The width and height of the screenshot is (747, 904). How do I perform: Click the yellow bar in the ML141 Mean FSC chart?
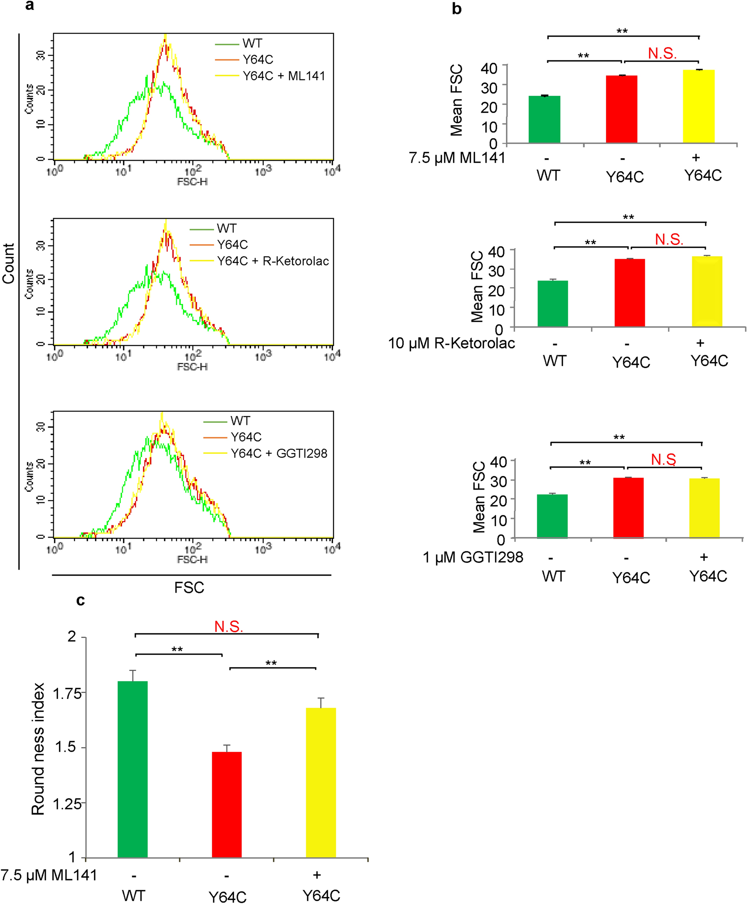(x=698, y=106)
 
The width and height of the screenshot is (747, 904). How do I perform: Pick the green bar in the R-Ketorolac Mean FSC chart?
(x=552, y=303)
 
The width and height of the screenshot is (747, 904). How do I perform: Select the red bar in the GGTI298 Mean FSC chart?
(x=628, y=507)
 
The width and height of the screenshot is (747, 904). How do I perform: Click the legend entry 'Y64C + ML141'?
(x=284, y=76)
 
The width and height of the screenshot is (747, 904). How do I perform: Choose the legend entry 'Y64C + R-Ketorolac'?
(x=273, y=261)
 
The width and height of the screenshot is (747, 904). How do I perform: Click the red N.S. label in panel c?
(x=229, y=626)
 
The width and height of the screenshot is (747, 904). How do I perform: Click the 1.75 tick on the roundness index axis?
(x=67, y=694)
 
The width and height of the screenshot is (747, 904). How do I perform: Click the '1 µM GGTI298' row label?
(x=473, y=557)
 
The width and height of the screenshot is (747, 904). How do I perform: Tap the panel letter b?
(x=457, y=9)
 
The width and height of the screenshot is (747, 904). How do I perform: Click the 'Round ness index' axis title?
(x=38, y=749)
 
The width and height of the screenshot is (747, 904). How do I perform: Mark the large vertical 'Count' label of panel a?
(x=9, y=264)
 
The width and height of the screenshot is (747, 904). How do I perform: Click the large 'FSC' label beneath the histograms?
(x=189, y=588)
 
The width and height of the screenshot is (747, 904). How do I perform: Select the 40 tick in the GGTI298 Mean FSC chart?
(x=498, y=462)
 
